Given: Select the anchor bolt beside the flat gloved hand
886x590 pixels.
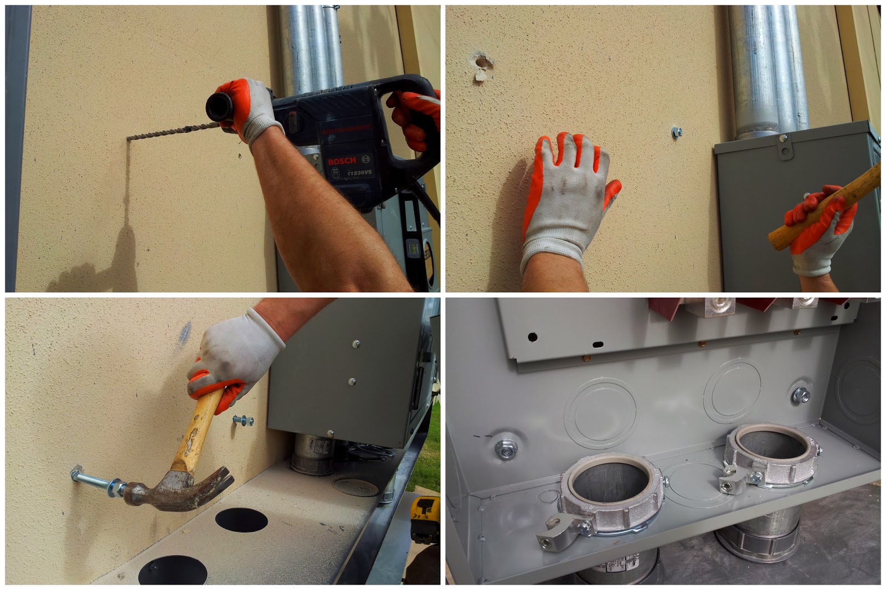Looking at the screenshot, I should [x=676, y=132].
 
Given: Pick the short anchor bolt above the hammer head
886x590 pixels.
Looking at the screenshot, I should [x=244, y=420].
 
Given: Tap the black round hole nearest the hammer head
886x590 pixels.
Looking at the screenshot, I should [x=241, y=520].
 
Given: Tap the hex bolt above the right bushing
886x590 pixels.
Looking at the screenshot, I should [x=801, y=395].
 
